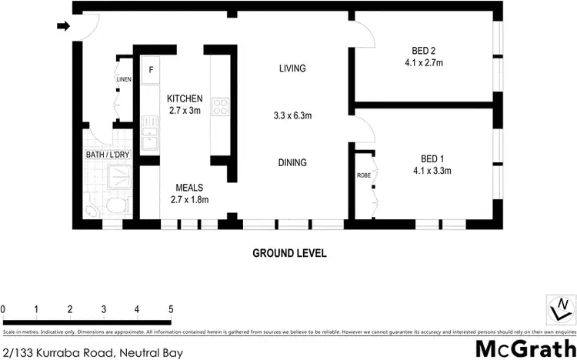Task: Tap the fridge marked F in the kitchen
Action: tap(151, 70)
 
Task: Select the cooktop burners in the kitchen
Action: tap(220, 106)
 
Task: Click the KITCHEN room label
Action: tap(185, 98)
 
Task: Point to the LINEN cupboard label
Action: tap(123, 80)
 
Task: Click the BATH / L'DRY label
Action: tap(107, 155)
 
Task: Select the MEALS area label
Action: tap(189, 187)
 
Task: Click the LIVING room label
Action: tap(292, 68)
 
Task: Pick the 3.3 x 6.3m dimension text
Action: tap(292, 116)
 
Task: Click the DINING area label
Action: tap(292, 162)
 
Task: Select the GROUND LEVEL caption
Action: tap(290, 253)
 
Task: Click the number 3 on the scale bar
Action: tap(103, 309)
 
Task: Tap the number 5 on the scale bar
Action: tap(170, 309)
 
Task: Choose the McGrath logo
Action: tap(524, 347)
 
